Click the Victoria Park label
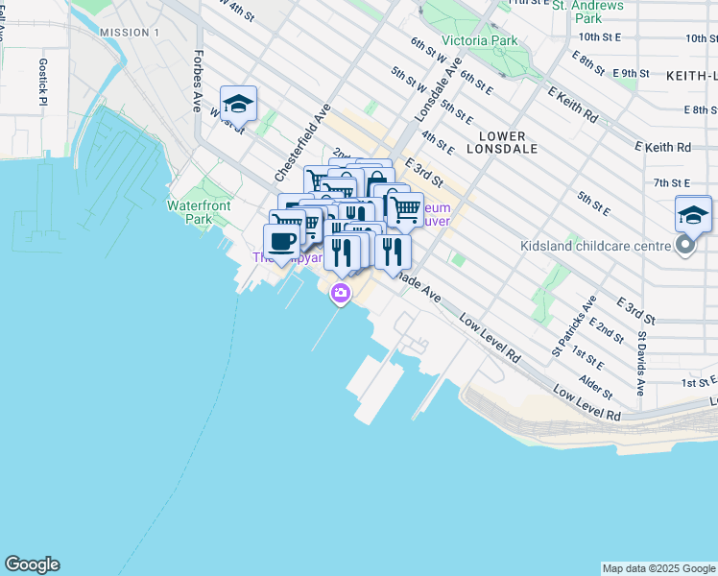(x=478, y=40)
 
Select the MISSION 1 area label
(x=130, y=33)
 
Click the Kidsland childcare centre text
(x=595, y=246)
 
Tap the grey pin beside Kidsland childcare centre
(x=685, y=247)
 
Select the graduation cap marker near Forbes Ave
(x=238, y=104)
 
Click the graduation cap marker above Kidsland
(x=693, y=214)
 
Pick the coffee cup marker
(x=281, y=241)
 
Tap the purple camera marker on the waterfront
(x=340, y=293)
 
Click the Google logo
(x=32, y=564)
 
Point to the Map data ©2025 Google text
(x=658, y=568)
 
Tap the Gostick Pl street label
(x=43, y=83)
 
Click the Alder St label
(x=596, y=388)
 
